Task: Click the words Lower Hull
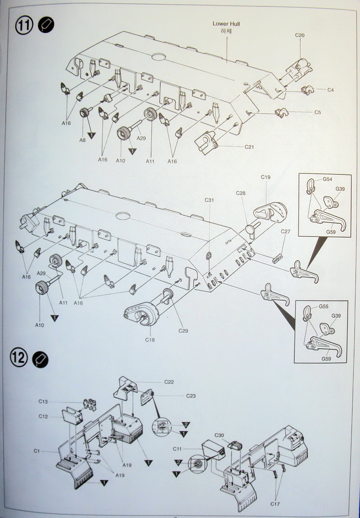(x=226, y=24)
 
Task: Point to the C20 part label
(x=300, y=35)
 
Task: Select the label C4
(x=330, y=90)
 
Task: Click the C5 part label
(x=317, y=112)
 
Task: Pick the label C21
(x=249, y=147)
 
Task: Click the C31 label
(x=209, y=200)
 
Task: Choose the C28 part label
(x=240, y=193)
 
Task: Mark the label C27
(x=285, y=231)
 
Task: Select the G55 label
(x=324, y=306)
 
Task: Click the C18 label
(x=150, y=340)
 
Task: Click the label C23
(x=191, y=396)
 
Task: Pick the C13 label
(x=43, y=401)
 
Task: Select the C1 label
(x=37, y=451)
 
